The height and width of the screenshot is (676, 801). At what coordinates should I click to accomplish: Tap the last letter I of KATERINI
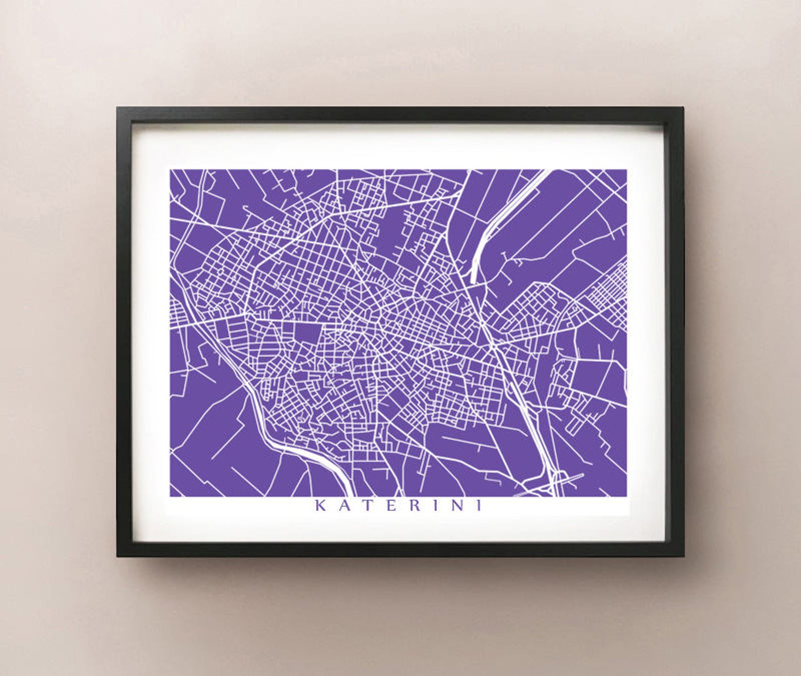[x=477, y=505]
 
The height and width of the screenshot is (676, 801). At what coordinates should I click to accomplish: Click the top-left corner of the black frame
[x=118, y=108]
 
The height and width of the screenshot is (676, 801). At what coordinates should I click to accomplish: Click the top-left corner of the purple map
[x=170, y=170]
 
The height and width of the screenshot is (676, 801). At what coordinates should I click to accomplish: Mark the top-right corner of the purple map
[x=626, y=170]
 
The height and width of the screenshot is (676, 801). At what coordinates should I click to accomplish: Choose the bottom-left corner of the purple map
[x=170, y=496]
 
